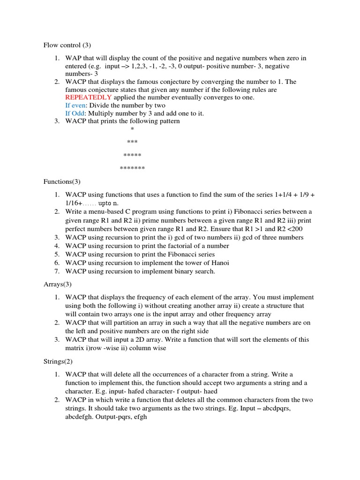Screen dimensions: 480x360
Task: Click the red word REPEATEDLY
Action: [89, 97]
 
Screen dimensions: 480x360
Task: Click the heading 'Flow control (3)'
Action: [67, 45]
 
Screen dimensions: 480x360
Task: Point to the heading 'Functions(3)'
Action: [62, 181]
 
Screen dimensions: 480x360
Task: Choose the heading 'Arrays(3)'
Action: [57, 285]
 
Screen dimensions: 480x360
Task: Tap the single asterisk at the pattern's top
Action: [132, 129]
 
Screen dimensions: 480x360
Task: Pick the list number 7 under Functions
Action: [56, 271]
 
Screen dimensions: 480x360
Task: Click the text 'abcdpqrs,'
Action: [291, 408]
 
